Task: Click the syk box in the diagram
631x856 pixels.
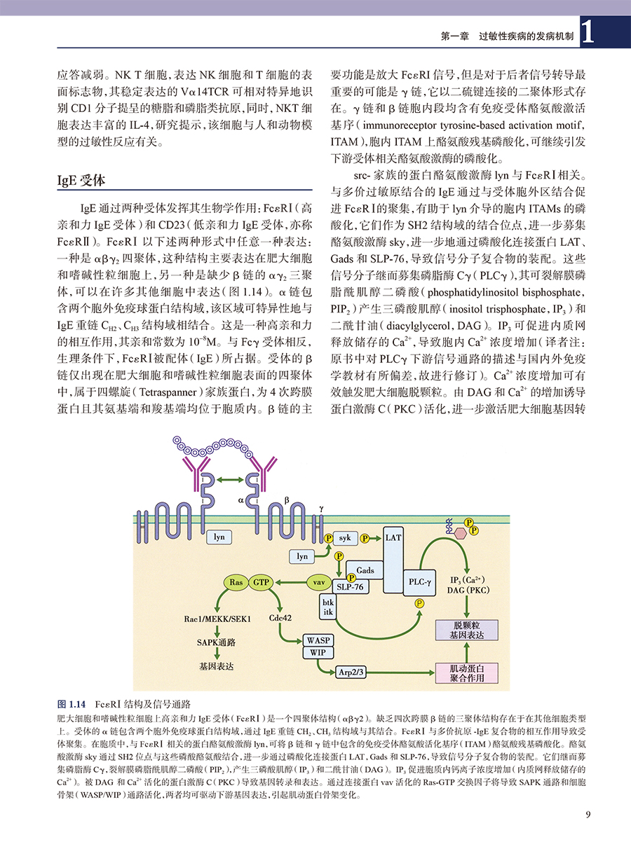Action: tap(344, 538)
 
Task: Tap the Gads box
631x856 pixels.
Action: tap(365, 571)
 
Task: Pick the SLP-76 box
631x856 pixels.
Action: tap(350, 587)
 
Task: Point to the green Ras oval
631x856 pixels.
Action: tap(236, 582)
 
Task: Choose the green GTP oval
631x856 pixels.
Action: tap(261, 582)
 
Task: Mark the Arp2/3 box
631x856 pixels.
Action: tap(353, 672)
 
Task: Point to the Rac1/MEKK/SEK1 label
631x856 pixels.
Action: tap(217, 619)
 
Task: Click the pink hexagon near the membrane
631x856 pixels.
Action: tap(460, 532)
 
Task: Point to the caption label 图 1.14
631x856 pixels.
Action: tap(70, 703)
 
